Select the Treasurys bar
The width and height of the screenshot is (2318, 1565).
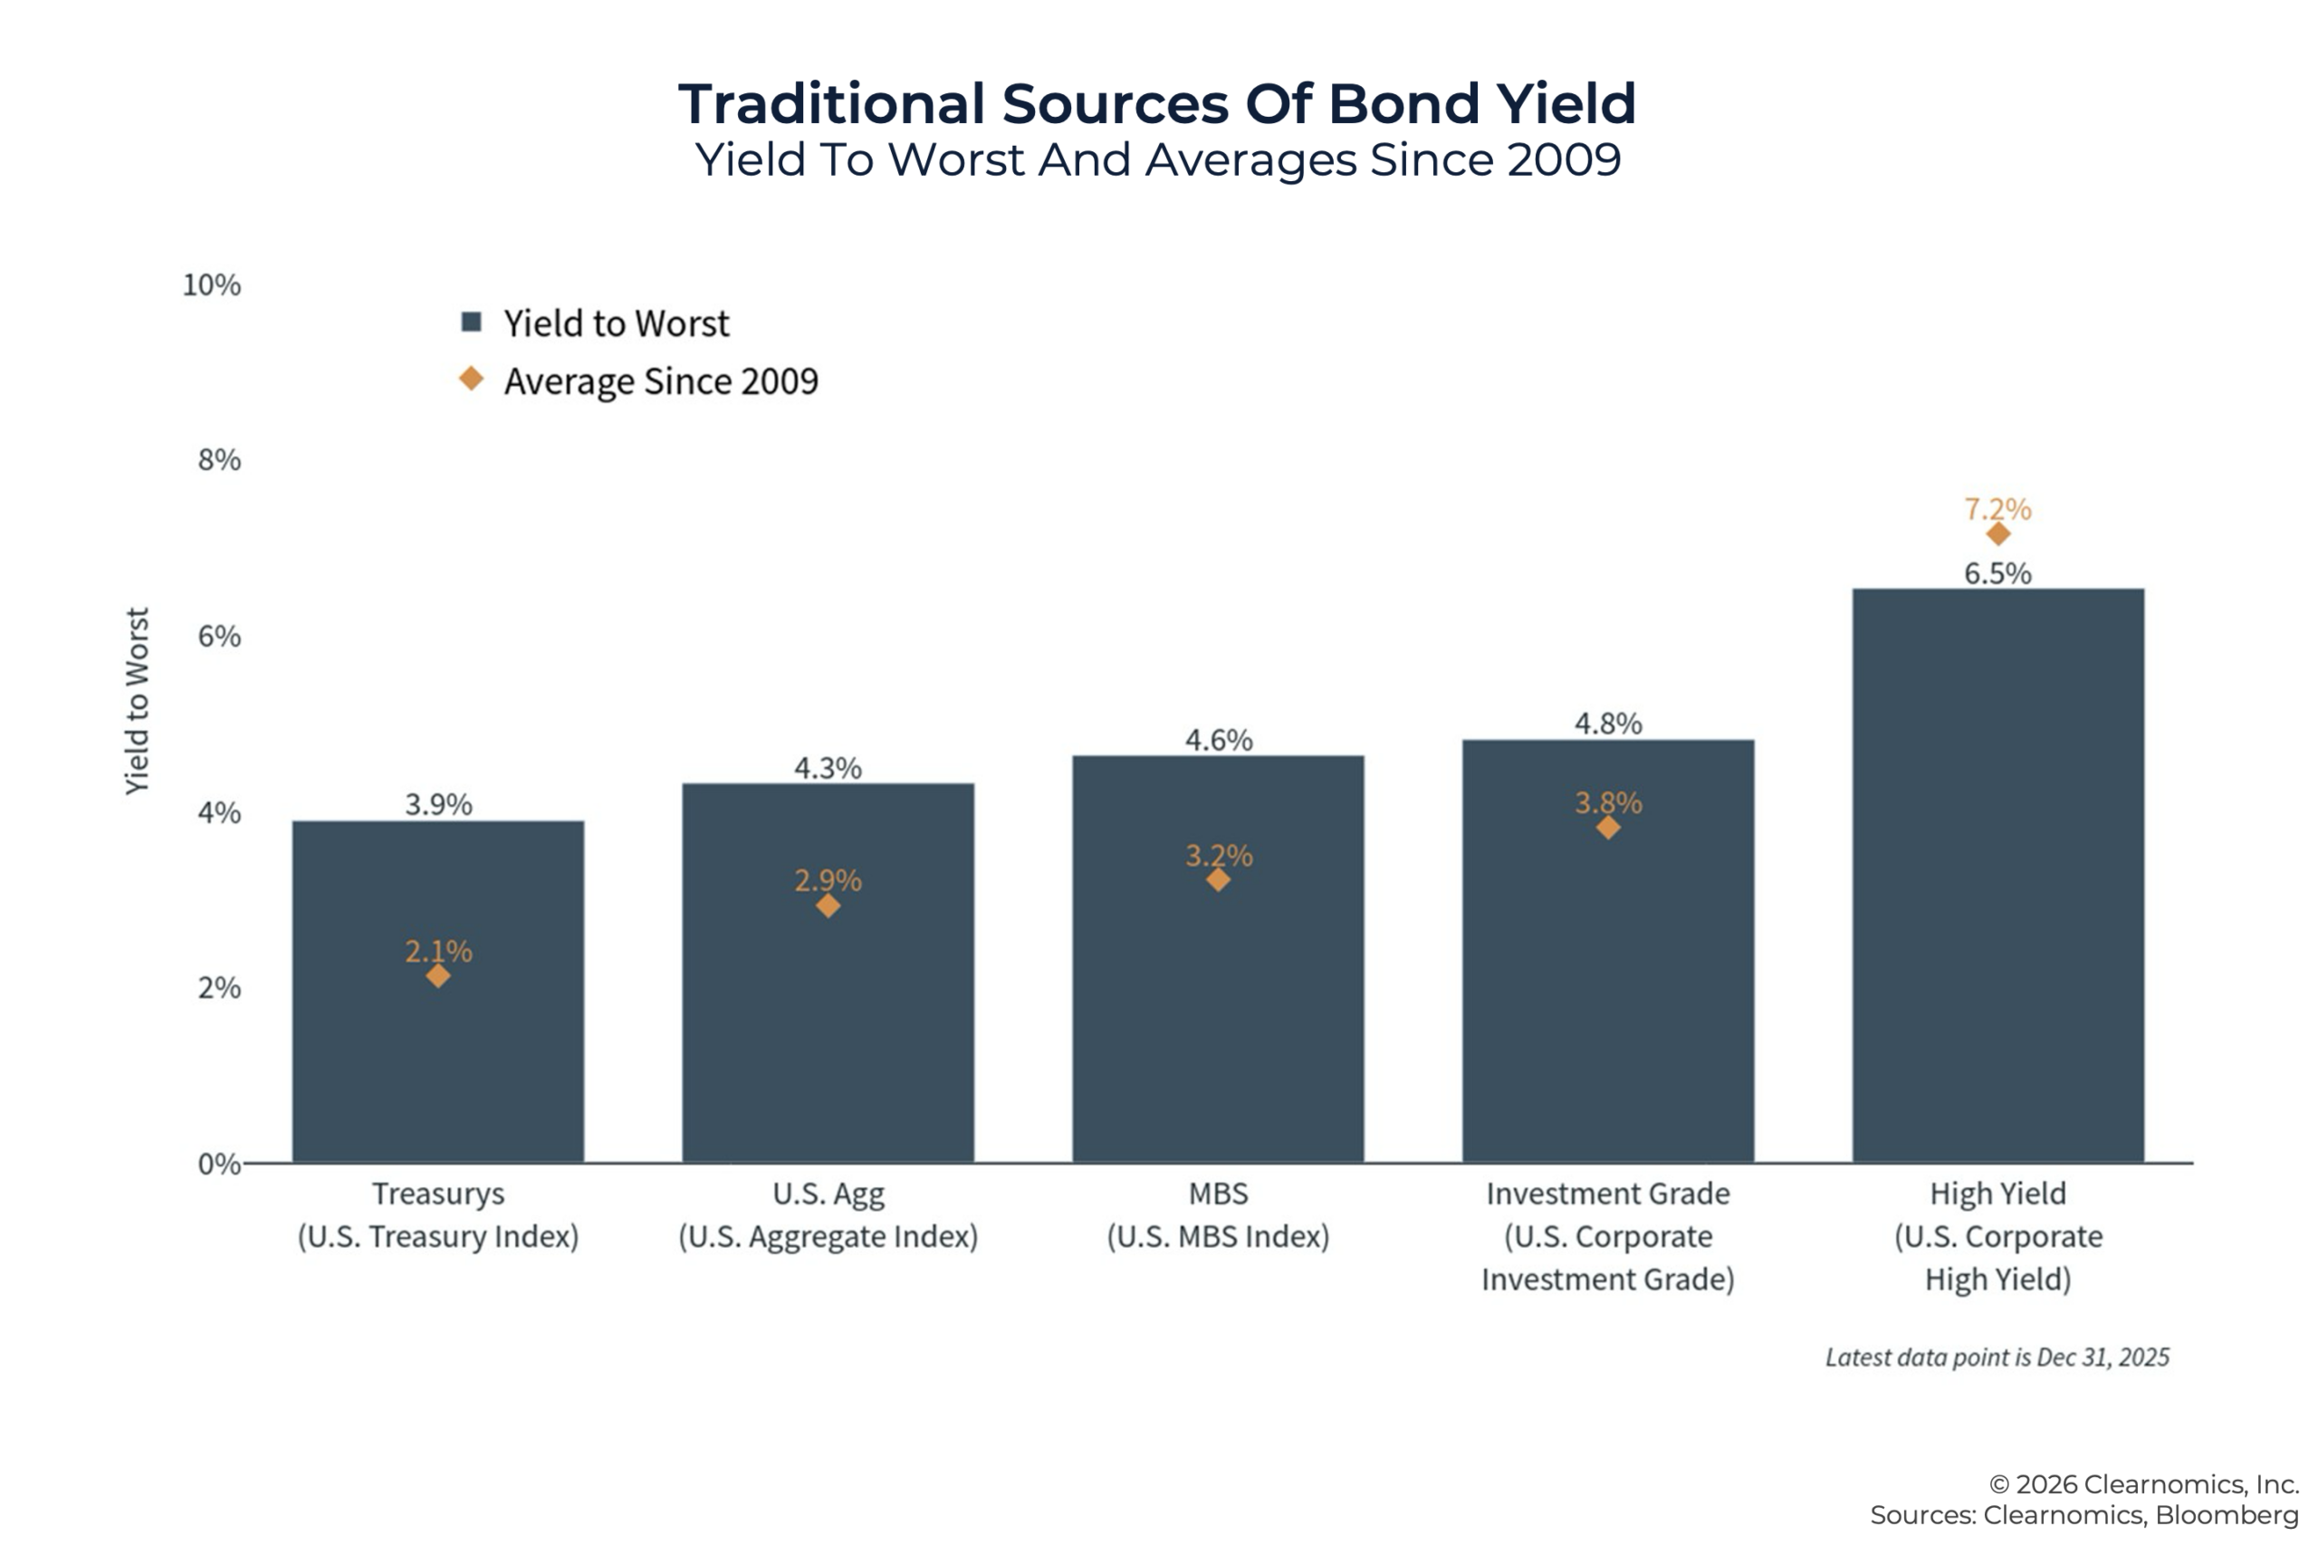438,1047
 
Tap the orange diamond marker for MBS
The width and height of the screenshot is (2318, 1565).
1218,879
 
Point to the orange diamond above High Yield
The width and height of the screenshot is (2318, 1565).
1997,534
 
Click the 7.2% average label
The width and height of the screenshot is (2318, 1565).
1997,509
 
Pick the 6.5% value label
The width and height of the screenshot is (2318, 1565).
1997,573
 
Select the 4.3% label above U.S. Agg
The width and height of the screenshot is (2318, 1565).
828,768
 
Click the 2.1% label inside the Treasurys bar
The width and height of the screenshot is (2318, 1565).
438,951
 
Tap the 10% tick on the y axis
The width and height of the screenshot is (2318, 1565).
212,285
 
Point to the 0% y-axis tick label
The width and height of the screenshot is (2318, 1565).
218,1163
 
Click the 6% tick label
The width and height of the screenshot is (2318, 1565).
219,637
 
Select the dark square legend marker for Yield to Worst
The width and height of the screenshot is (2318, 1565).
472,322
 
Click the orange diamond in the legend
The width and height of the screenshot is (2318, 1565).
472,379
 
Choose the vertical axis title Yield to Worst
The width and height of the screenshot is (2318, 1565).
137,701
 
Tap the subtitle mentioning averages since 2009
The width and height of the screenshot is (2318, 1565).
1157,159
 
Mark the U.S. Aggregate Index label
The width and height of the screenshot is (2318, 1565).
828,1237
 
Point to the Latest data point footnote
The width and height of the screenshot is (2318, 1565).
1997,1358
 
